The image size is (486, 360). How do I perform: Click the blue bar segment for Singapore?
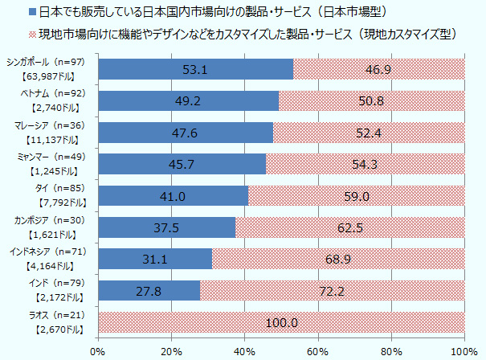tap(195, 69)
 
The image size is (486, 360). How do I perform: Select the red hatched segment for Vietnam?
tap(371, 100)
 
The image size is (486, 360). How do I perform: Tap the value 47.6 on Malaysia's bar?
tap(185, 133)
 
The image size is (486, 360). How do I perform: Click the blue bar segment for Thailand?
tap(173, 195)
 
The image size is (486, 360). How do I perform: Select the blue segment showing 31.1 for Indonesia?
tap(154, 259)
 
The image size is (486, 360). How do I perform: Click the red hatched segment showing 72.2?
tap(331, 290)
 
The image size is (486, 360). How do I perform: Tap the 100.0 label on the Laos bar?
tap(281, 322)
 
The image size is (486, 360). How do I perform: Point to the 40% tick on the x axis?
tap(244, 350)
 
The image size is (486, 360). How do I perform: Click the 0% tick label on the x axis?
tap(98, 350)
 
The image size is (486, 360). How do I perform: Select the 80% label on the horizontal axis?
tap(390, 350)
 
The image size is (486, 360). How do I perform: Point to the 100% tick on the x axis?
tap(464, 350)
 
